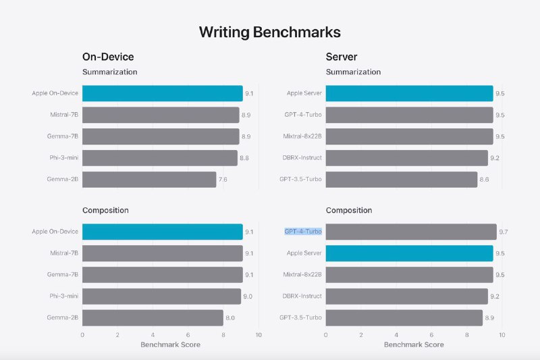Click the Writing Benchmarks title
269,32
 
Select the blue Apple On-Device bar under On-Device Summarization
162,93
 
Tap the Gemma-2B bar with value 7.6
149,180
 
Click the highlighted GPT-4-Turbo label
303,232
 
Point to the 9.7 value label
503,232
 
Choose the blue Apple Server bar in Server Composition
409,253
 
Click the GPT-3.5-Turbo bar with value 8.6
401,180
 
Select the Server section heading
342,57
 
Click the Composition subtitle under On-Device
105,210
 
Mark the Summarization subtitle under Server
353,72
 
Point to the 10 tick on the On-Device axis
258,334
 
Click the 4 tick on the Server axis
396,334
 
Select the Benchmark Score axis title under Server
414,344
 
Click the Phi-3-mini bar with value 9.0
161,297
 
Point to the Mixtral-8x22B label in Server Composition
302,275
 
